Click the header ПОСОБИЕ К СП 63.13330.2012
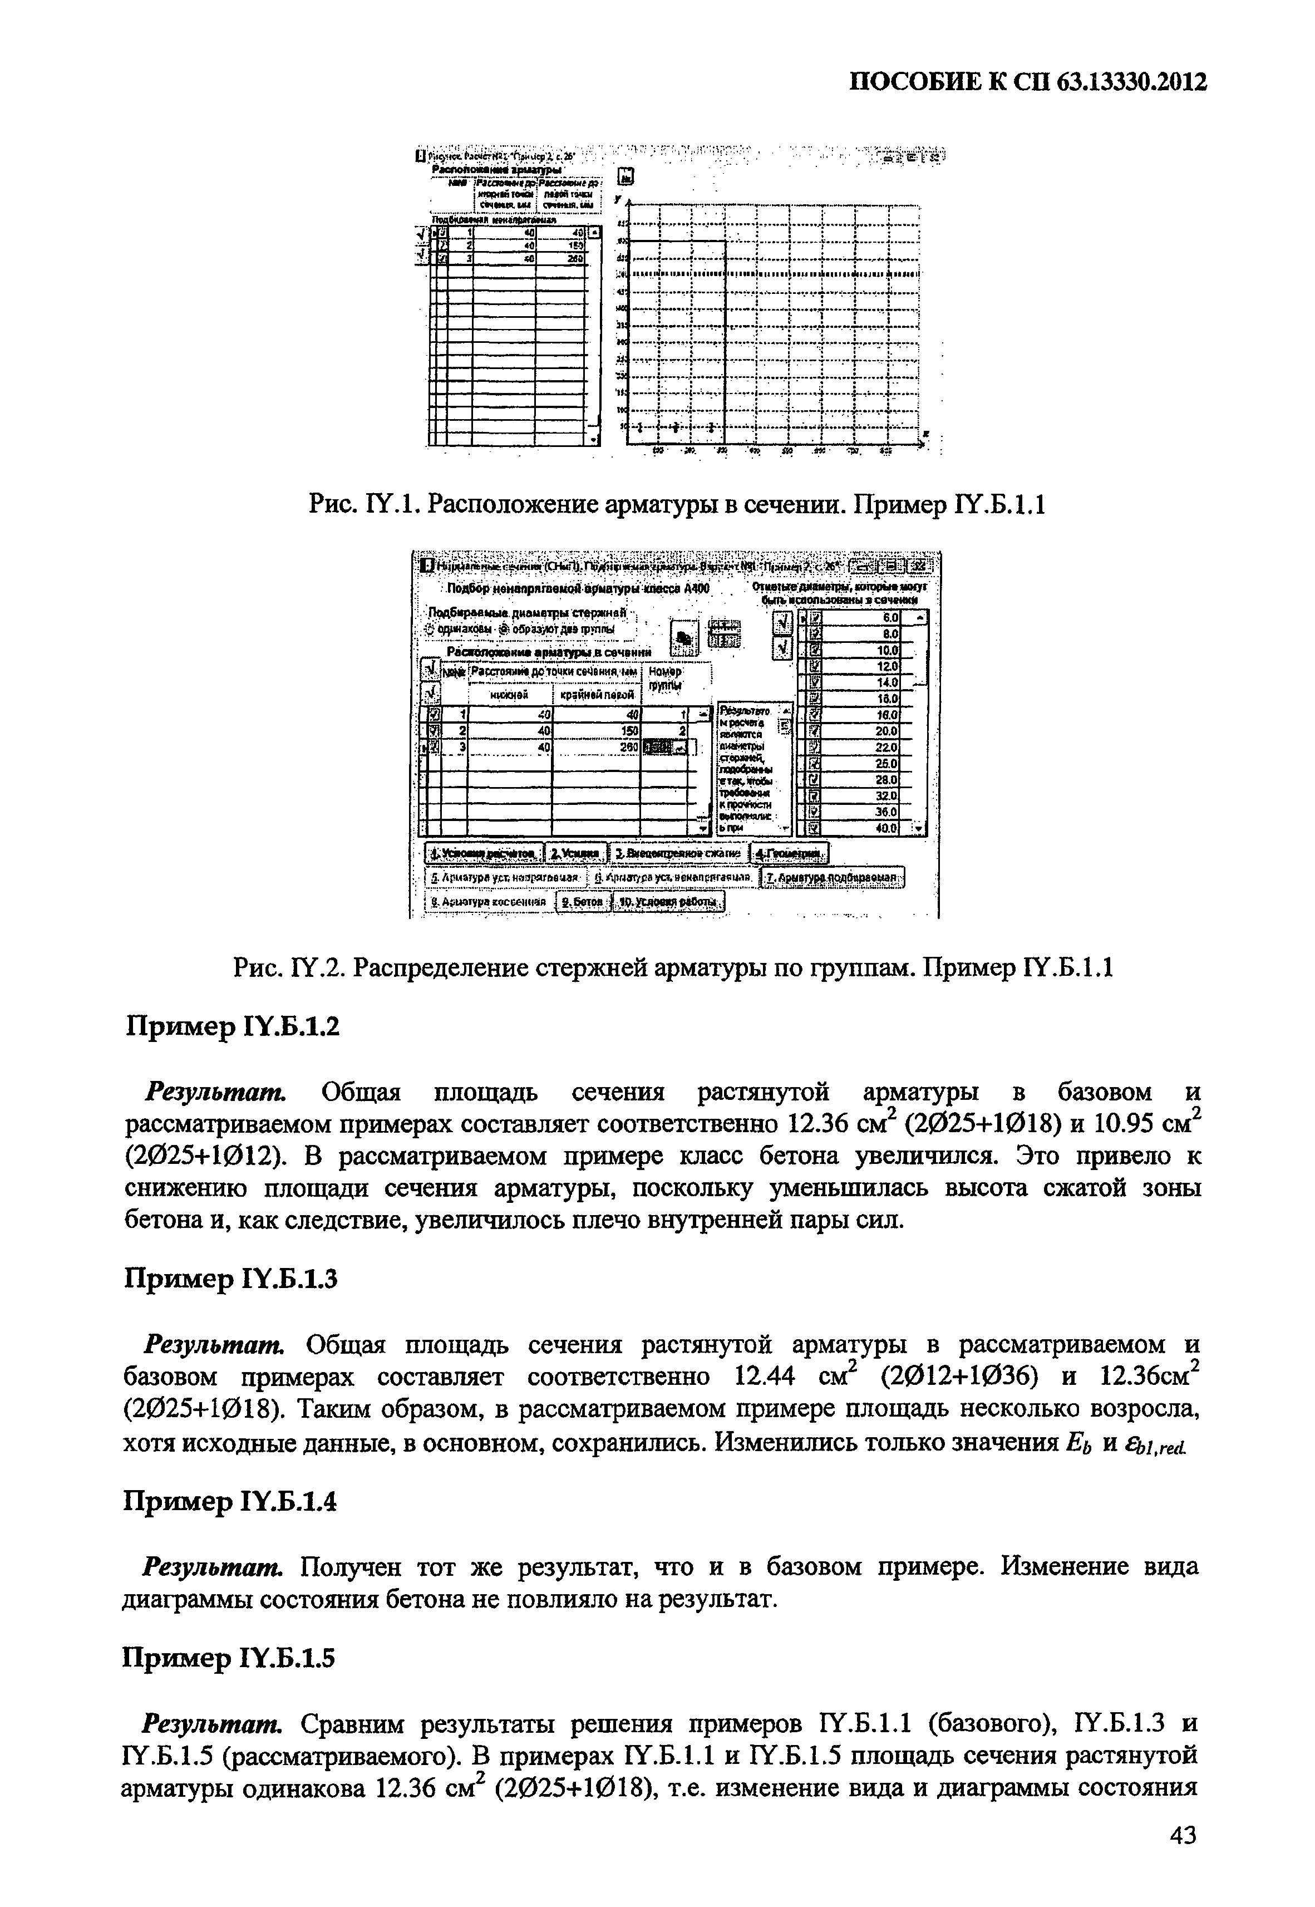pyautogui.click(x=1027, y=83)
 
